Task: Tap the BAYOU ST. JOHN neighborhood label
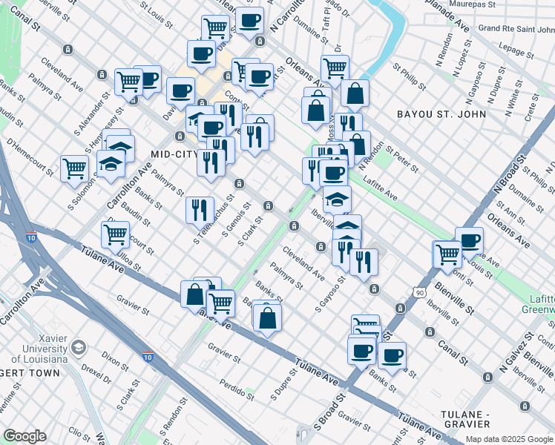441,114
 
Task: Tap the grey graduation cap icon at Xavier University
78,347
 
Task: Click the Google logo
24,436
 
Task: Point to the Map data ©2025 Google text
509,439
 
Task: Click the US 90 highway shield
420,294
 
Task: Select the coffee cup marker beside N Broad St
469,241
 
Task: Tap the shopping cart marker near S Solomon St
74,168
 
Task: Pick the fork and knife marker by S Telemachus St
199,210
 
